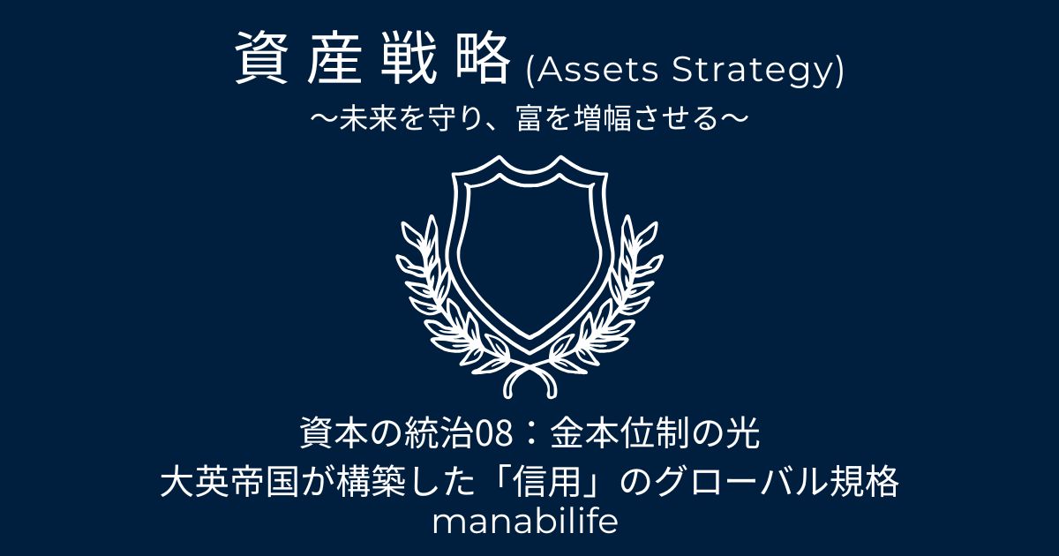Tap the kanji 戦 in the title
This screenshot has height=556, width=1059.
tap(409, 58)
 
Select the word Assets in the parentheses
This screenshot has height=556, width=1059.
tap(597, 71)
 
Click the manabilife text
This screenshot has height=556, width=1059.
tap(525, 522)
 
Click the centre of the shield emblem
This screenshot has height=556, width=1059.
tap(529, 255)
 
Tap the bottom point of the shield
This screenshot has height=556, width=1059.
tap(529, 354)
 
